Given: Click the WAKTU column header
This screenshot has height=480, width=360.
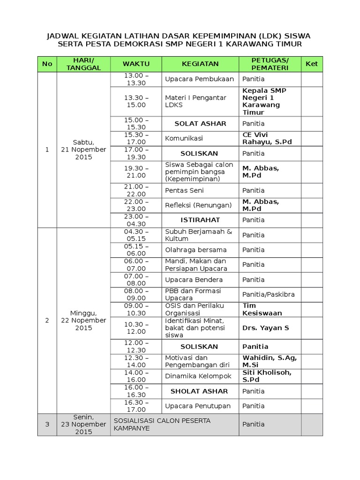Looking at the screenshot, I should [x=136, y=64].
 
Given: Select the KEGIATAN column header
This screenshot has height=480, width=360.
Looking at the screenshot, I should [x=200, y=64].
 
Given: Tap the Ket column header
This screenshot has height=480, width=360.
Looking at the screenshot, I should [x=312, y=64].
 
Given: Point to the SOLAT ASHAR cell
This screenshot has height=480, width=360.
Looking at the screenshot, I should [x=200, y=124].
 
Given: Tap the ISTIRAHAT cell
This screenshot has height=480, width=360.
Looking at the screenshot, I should [x=200, y=220].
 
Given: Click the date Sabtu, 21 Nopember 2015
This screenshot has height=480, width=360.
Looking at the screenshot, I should [x=83, y=150].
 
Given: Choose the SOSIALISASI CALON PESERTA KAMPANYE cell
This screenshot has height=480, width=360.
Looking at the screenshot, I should [x=174, y=424].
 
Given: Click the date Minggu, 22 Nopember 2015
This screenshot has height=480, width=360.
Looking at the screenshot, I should [x=83, y=320].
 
